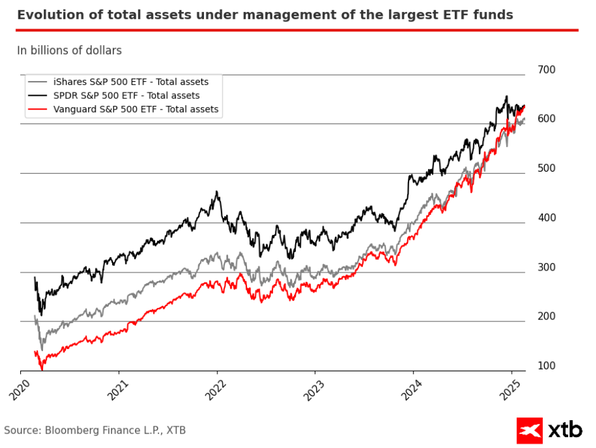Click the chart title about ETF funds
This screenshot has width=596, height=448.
pos(265,15)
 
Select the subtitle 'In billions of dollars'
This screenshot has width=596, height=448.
pos(69,51)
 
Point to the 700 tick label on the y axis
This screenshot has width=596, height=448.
pos(546,70)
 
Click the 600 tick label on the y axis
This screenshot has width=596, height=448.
pos(546,119)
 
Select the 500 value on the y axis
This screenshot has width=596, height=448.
pos(546,169)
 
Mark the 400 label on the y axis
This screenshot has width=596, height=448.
pos(546,218)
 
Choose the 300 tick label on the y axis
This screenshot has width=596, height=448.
pos(546,267)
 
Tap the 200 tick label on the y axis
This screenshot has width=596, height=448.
pos(546,317)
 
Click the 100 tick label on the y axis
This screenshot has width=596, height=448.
pos(546,366)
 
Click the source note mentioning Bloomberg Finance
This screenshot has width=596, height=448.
pos(95,431)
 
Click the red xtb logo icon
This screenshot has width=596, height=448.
pos(530,430)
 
